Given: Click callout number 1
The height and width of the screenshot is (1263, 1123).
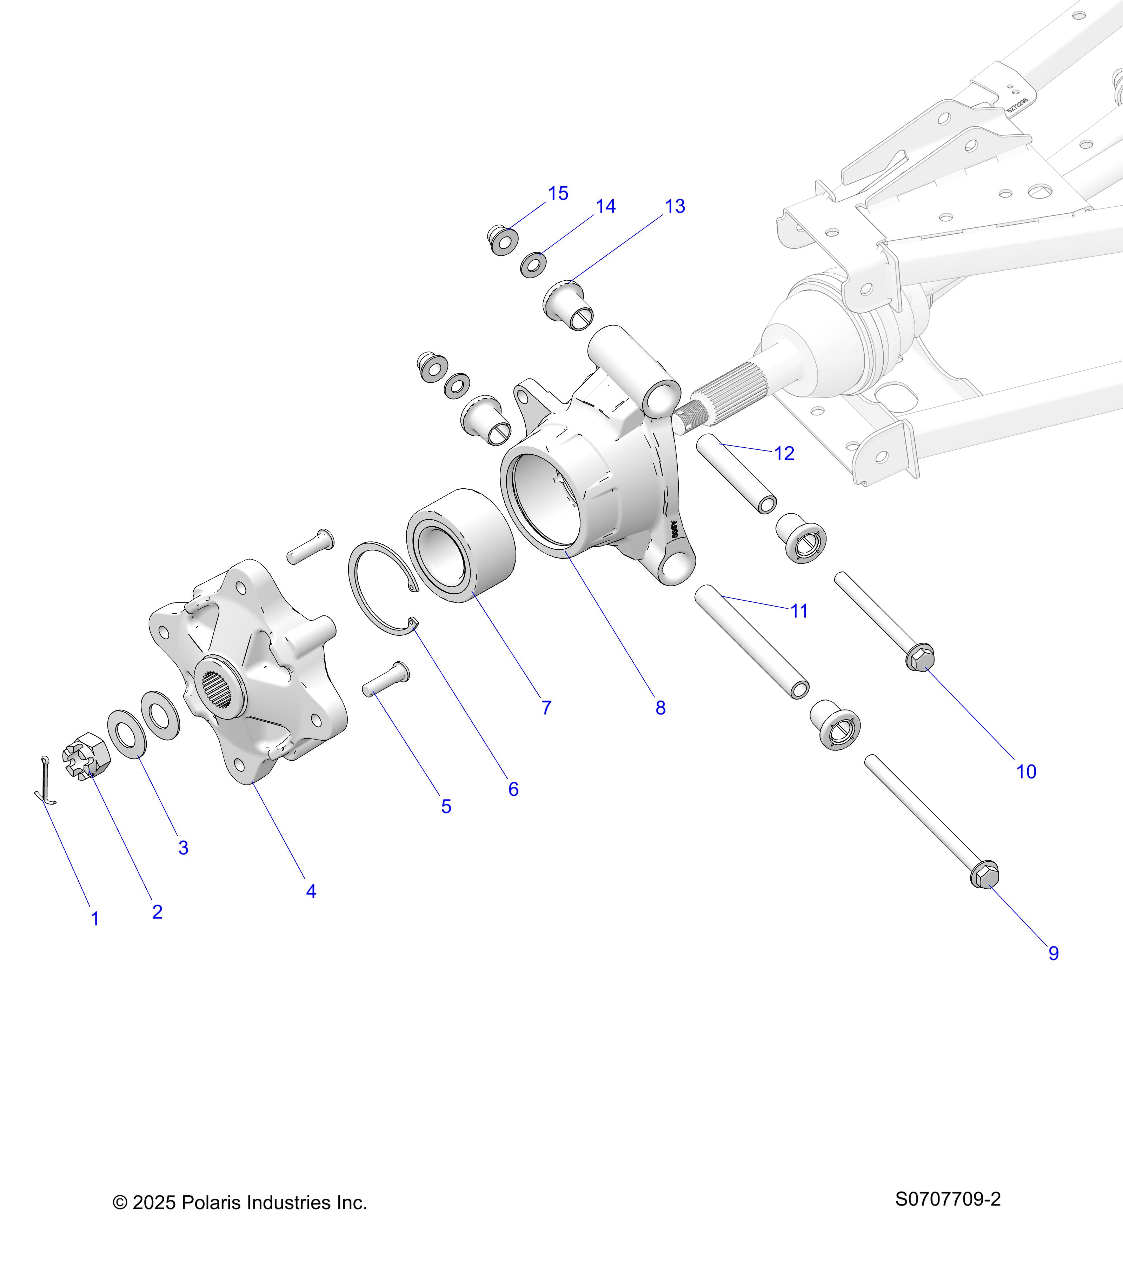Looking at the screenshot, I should [x=95, y=919].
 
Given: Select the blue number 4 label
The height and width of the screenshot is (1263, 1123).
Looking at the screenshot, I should [x=311, y=891].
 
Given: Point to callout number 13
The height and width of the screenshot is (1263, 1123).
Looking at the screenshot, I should [x=675, y=206].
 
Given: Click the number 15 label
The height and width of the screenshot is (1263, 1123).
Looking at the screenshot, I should [x=558, y=193].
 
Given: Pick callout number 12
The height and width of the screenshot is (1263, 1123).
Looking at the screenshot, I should [x=784, y=454].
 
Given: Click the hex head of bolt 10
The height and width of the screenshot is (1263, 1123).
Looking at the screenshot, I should [x=920, y=659].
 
